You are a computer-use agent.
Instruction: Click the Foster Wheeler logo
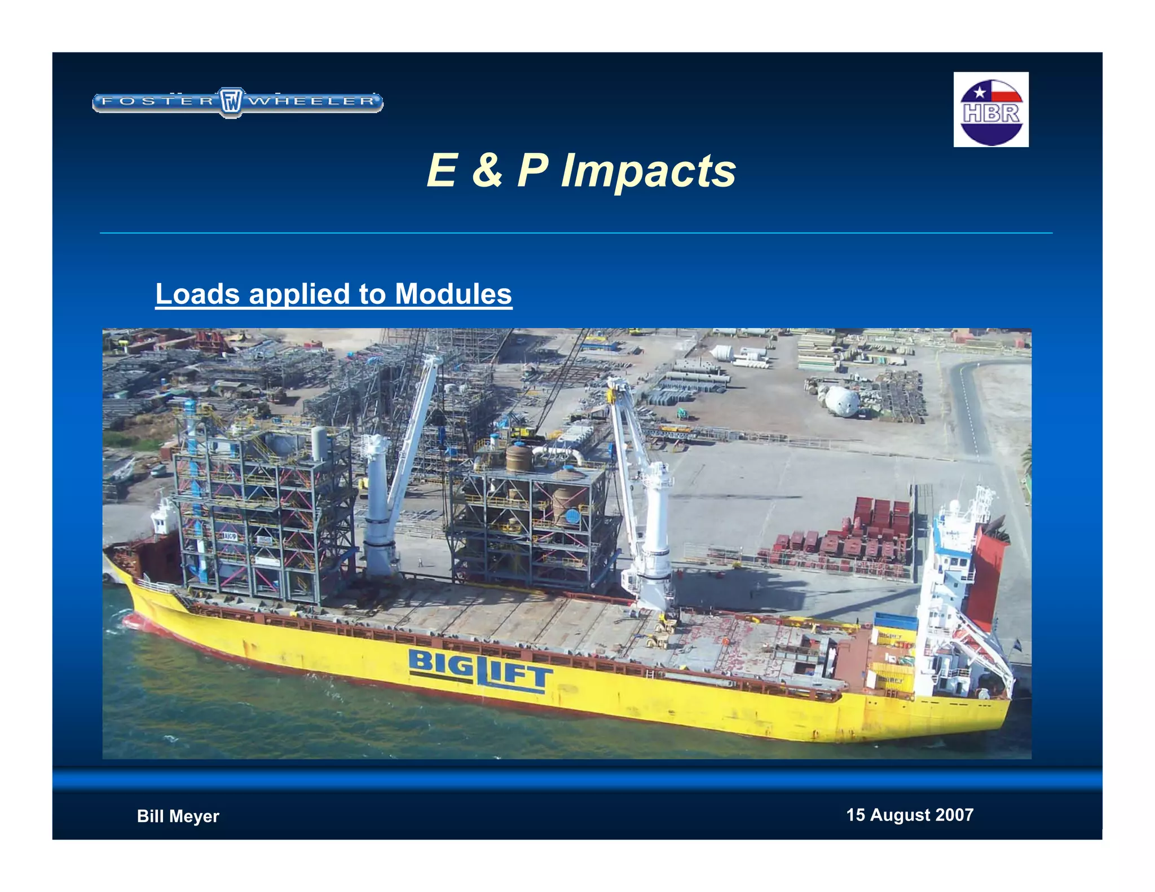(237, 101)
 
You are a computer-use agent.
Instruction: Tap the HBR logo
(991, 110)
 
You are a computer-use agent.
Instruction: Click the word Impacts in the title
(648, 170)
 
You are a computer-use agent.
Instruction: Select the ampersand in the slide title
(487, 170)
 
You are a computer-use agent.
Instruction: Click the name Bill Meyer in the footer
(178, 816)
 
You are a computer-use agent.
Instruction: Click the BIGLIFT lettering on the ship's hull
(480, 669)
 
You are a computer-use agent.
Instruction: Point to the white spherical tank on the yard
(843, 400)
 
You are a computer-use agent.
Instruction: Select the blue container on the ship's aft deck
(895, 621)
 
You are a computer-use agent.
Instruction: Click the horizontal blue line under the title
(575, 232)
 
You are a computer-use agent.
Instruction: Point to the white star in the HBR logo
(980, 91)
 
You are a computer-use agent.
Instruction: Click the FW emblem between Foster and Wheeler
(231, 102)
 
